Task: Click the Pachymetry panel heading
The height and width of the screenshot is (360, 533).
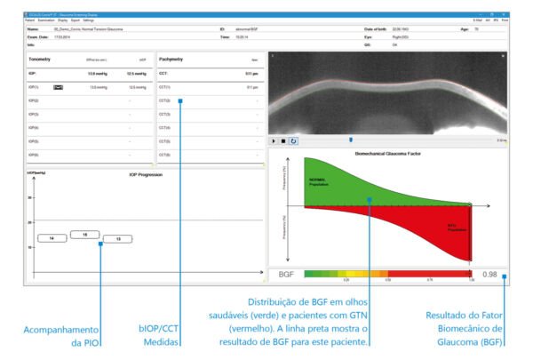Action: pyautogui.click(x=171, y=58)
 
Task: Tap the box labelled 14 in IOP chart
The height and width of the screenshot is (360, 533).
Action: pyautogui.click(x=52, y=239)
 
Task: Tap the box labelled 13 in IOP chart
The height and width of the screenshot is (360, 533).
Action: pyautogui.click(x=117, y=239)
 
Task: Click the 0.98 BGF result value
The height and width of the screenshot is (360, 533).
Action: pyautogui.click(x=489, y=275)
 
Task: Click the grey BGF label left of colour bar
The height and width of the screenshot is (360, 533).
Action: pyautogui.click(x=286, y=275)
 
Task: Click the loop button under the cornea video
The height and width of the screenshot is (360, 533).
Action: pyautogui.click(x=294, y=140)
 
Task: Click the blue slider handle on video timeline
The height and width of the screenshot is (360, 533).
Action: pyautogui.click(x=351, y=140)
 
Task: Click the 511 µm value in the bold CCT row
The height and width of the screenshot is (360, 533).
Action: pyautogui.click(x=251, y=74)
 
